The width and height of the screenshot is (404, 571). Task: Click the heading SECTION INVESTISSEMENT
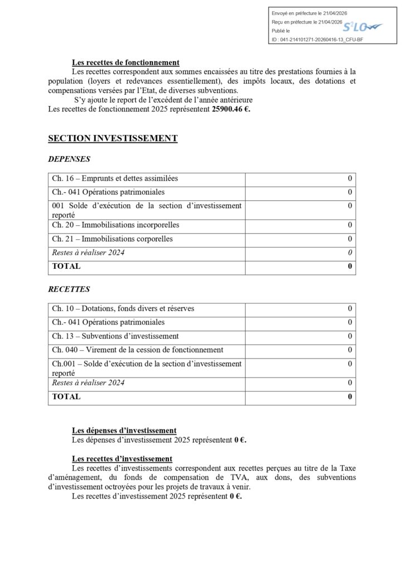point(113,138)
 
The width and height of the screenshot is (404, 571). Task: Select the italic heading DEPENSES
point(69,159)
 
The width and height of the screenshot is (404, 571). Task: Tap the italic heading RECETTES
point(69,289)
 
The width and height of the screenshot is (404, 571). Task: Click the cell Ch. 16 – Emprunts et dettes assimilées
point(115,178)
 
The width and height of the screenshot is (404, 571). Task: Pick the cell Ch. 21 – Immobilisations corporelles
point(112,239)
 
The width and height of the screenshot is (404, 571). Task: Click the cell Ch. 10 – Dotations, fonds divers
point(123,308)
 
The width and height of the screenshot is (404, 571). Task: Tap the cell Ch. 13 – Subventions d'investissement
point(115,336)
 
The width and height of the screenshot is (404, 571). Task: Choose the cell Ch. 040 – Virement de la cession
point(137,350)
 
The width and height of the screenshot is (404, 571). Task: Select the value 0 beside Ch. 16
point(350,178)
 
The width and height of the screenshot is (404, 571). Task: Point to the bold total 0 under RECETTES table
point(350,397)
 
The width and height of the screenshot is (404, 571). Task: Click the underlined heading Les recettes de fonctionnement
point(126,63)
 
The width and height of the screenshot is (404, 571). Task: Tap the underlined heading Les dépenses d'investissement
point(124,430)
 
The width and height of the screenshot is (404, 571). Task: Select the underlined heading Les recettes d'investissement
point(122,459)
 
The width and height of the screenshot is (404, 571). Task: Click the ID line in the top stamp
point(316,40)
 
